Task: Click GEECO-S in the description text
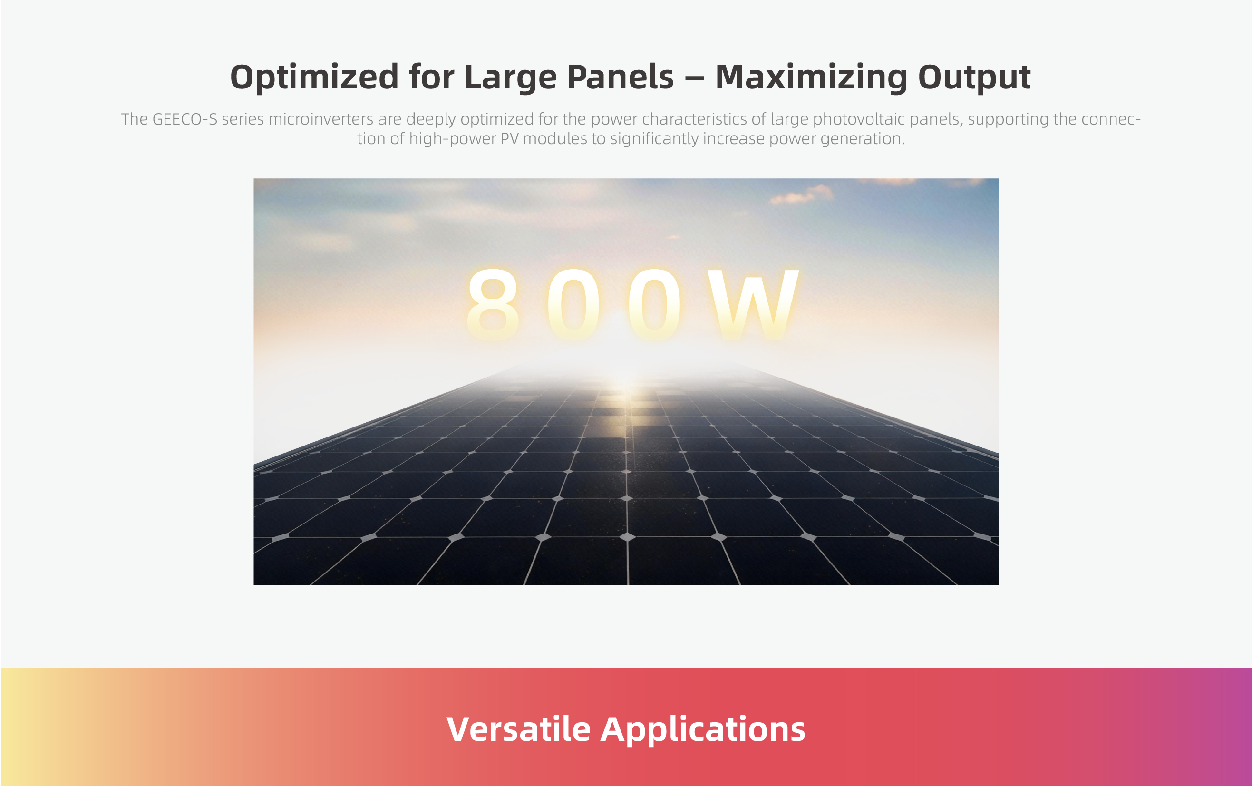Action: (184, 119)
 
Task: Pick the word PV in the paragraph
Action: (509, 139)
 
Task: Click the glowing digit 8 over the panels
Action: (492, 305)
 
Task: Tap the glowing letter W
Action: (753, 305)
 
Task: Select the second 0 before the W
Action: (654, 305)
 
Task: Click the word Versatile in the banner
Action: (518, 729)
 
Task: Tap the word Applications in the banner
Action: (703, 729)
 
